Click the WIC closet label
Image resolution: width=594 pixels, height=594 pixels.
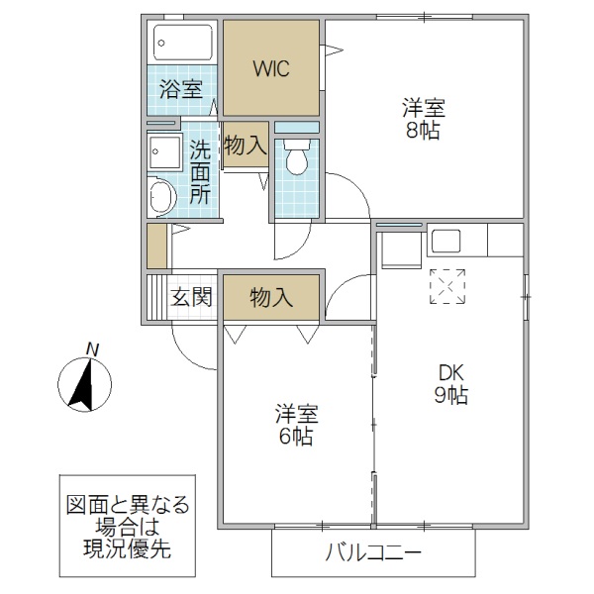271,68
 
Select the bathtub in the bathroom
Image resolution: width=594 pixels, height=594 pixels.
183,43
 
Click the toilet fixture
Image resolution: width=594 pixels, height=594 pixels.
296,158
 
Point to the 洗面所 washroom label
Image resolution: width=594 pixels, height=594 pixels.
200,170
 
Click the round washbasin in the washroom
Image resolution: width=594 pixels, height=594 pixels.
161,196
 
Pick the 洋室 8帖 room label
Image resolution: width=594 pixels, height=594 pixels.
421,117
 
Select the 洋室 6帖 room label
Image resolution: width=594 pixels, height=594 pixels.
296,423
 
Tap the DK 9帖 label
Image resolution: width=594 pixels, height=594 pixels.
450,383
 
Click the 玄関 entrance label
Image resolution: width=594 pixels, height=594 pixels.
191,296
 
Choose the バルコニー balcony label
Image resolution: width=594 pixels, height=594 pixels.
374,552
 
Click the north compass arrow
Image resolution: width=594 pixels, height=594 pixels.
83,384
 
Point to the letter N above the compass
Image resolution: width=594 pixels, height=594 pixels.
92,347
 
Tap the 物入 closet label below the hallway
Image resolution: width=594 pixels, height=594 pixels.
270,296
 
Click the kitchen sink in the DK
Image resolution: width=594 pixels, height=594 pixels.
445,242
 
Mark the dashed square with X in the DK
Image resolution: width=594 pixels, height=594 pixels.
445,287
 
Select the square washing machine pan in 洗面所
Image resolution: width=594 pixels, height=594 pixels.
160,153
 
